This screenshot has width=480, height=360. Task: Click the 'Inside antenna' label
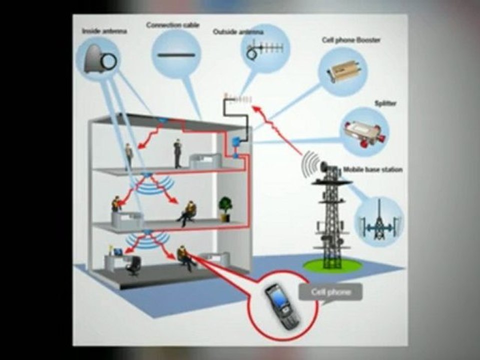[104, 31]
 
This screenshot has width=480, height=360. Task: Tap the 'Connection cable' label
[173, 25]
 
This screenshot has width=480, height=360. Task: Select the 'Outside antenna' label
[238, 32]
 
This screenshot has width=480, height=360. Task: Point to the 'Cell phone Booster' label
[351, 40]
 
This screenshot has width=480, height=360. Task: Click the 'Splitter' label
[385, 103]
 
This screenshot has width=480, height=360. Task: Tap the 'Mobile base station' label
[372, 169]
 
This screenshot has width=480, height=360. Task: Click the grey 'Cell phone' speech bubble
[330, 292]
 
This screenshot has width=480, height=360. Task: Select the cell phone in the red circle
[281, 306]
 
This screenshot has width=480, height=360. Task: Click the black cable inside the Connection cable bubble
[176, 55]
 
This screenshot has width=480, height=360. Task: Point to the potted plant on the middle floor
[225, 209]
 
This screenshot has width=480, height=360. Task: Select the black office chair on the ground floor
[133, 266]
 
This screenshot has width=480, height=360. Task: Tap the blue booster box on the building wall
[235, 141]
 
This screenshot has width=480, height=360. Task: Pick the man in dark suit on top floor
[177, 153]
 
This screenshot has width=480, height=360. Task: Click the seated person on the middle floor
[187, 213]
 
